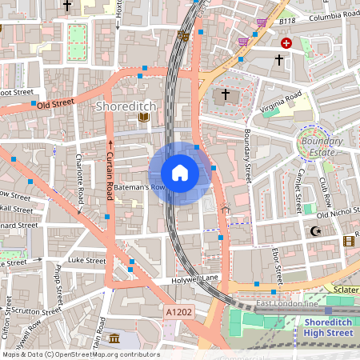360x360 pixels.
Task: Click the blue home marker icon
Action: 180,173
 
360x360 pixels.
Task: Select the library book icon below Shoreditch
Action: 144,118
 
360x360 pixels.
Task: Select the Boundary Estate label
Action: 323,147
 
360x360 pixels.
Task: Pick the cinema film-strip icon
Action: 348,240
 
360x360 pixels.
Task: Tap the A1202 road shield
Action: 179,310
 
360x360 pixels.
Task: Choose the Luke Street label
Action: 87,260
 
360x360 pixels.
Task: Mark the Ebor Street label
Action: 278,265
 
